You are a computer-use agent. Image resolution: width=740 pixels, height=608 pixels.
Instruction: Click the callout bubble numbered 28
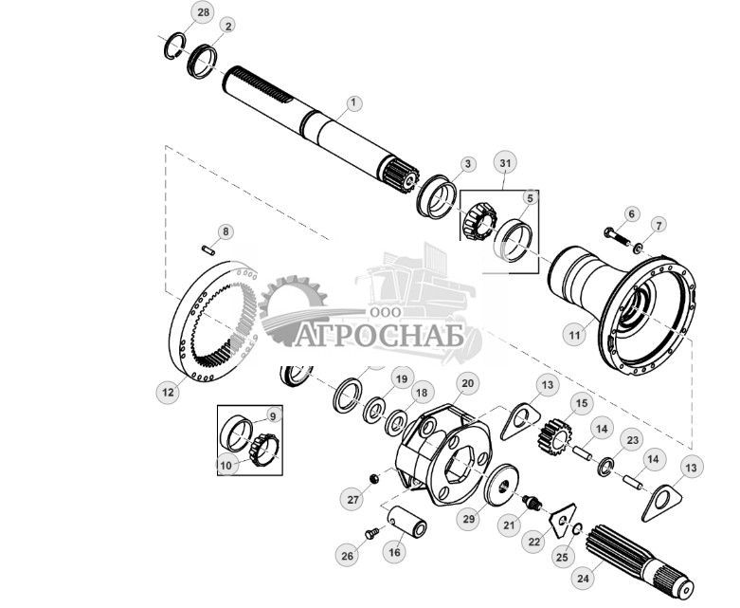coord(202,11)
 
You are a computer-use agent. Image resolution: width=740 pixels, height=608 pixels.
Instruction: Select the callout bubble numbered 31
coord(505,163)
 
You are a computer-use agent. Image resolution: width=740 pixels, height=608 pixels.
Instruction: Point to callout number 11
coord(573,335)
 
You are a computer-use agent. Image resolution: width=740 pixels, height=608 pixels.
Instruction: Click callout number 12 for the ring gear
coord(168,390)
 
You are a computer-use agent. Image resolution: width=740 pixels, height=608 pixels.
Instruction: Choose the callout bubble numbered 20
coord(466,384)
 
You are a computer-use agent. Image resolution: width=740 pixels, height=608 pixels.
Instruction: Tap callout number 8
coord(225,230)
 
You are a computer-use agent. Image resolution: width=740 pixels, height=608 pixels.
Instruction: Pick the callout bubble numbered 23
coord(633,439)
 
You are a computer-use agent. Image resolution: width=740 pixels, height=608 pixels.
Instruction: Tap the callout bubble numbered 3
coord(467,164)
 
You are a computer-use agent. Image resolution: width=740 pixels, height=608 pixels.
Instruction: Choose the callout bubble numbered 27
coord(352,500)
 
